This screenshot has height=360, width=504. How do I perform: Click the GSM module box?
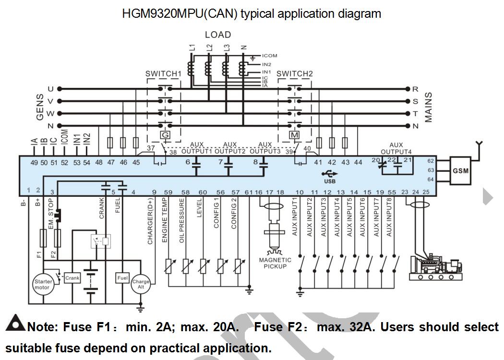460,170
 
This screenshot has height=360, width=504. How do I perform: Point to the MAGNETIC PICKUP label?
275,263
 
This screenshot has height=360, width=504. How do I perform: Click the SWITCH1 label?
163,74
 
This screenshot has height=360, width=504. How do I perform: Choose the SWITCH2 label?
295,74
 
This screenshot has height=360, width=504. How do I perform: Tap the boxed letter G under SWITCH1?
165,135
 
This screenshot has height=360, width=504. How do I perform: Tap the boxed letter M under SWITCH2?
294,135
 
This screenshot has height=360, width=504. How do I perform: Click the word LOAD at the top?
218,35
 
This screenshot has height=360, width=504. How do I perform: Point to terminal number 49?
34,163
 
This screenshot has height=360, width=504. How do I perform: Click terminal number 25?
426,192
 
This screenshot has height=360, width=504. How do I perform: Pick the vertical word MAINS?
428,108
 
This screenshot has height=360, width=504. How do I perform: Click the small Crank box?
72,278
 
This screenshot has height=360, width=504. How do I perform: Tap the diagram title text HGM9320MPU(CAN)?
180,13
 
